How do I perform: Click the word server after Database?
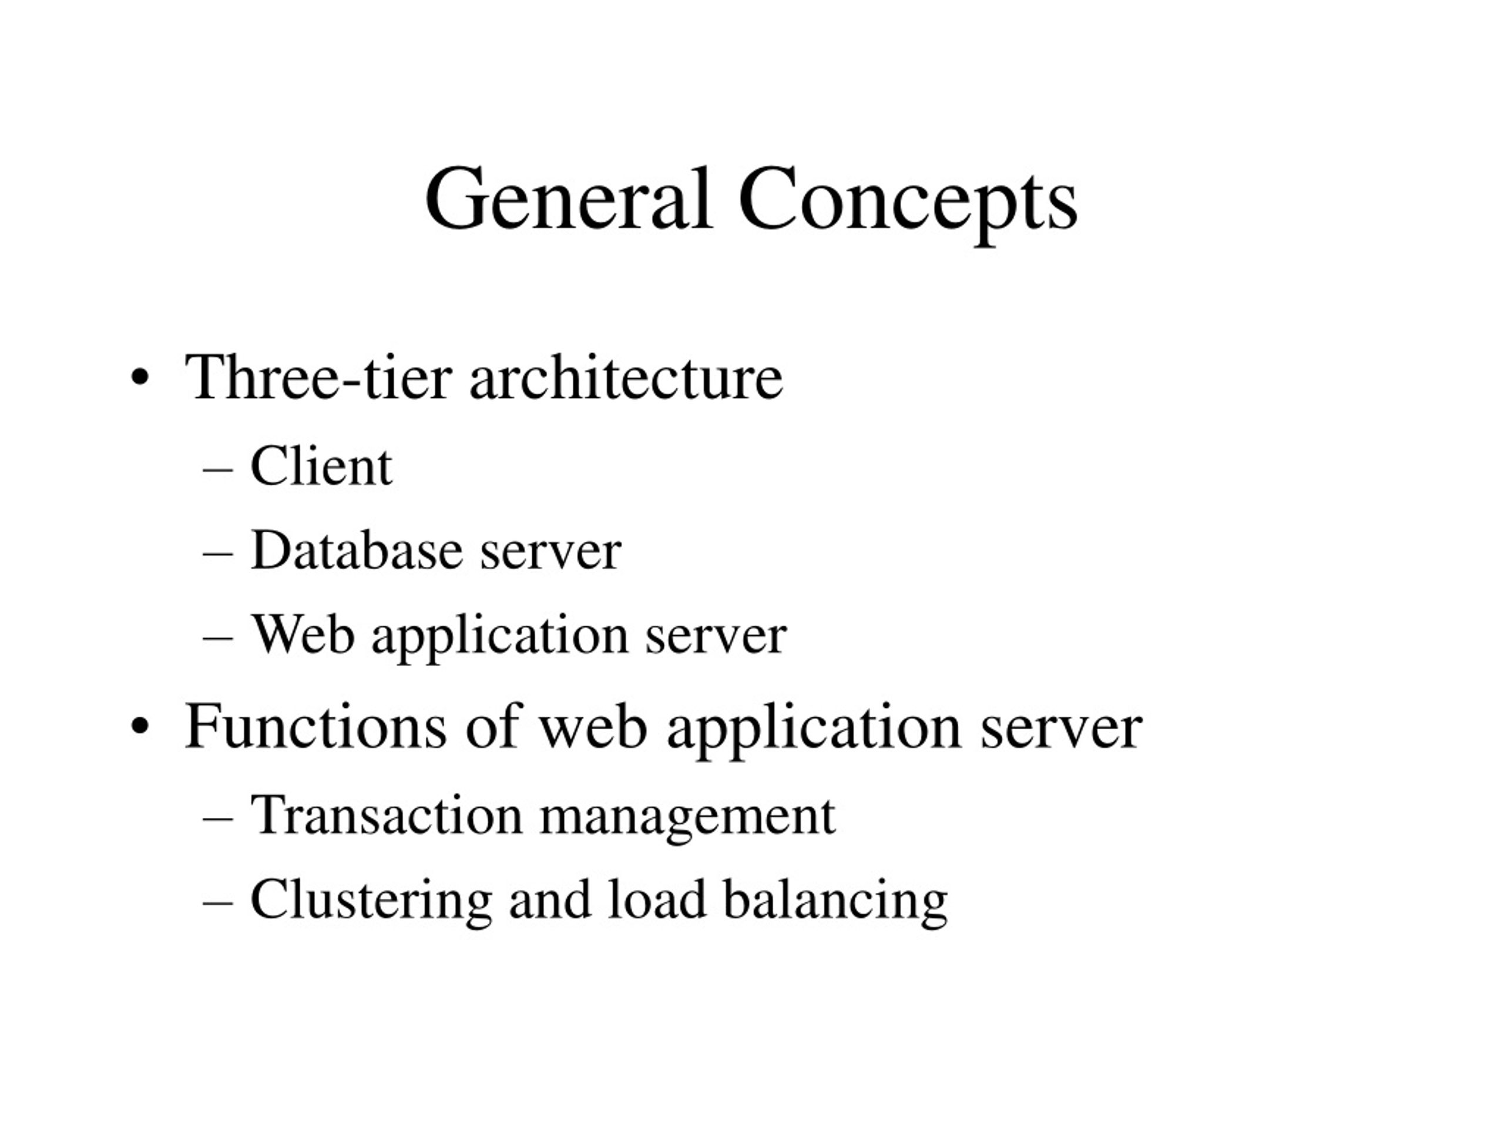pos(550,555)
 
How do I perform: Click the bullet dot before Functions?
pos(139,727)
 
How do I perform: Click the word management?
pos(687,820)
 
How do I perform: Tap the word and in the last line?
pos(550,899)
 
